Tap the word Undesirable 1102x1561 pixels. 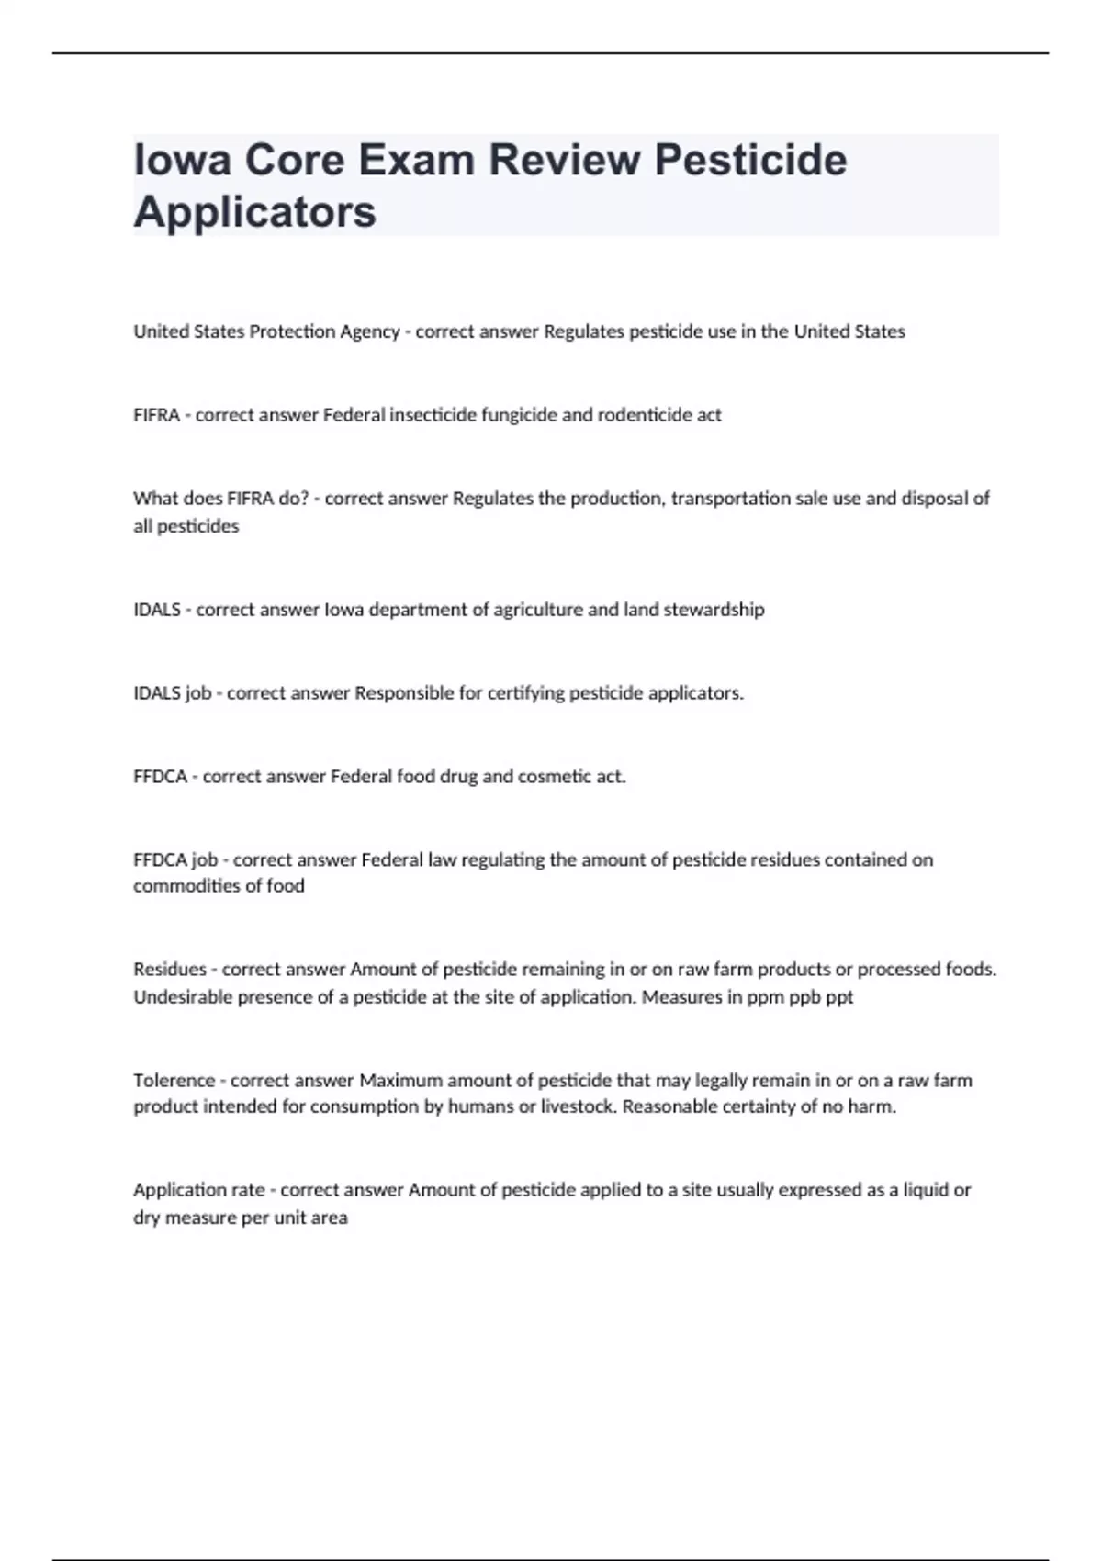point(183,997)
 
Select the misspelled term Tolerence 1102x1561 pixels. point(174,1081)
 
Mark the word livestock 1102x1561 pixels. point(578,1106)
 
